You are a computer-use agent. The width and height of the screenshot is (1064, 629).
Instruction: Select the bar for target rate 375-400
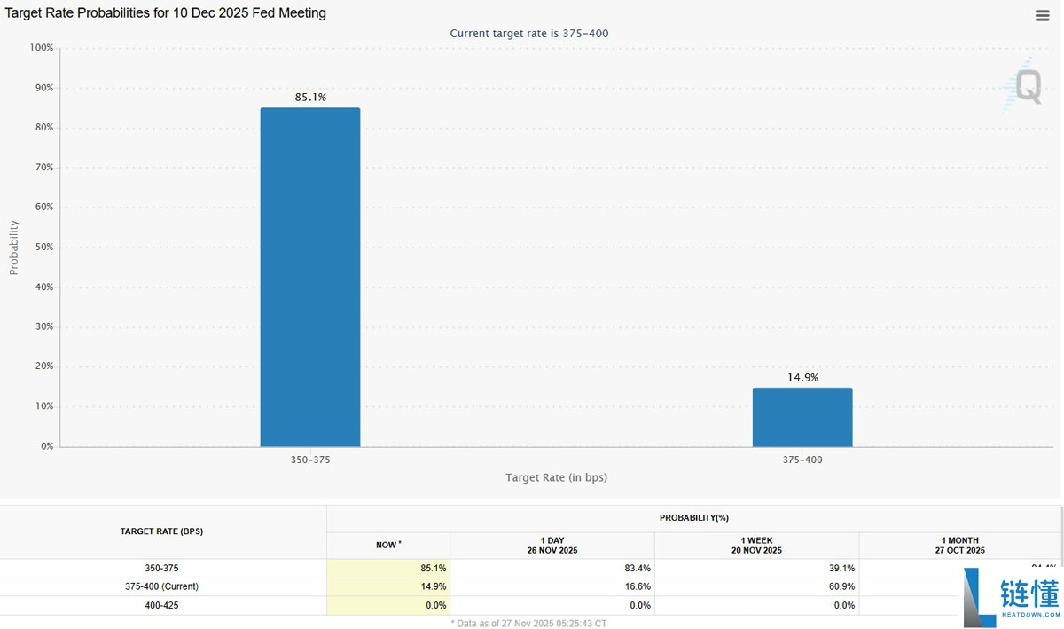(802, 417)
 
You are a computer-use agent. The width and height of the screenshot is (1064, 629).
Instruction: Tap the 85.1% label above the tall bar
(310, 98)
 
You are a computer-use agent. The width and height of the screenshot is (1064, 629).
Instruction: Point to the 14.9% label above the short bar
(802, 378)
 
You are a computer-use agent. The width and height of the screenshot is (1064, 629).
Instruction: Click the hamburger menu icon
(1043, 16)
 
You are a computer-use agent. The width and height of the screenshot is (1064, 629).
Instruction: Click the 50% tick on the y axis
(44, 248)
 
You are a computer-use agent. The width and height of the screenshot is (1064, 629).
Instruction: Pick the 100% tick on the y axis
(42, 48)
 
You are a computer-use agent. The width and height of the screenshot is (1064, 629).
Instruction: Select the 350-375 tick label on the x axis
(310, 460)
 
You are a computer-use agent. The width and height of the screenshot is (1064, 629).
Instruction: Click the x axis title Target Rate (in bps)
(556, 478)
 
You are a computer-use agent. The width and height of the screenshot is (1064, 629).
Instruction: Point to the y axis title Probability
(14, 248)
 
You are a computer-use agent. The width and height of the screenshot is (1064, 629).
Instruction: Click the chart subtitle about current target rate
(528, 34)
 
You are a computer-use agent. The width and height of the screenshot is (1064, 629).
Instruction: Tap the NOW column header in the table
(388, 545)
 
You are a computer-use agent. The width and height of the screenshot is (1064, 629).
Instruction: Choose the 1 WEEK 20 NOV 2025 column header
(756, 545)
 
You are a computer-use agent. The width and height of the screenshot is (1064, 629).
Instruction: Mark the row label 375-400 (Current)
(162, 586)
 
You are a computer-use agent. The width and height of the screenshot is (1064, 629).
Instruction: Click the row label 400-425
(162, 605)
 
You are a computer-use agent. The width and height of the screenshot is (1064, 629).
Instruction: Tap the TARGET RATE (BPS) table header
(162, 531)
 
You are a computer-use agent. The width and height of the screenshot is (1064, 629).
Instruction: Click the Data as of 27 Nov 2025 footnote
(528, 623)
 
